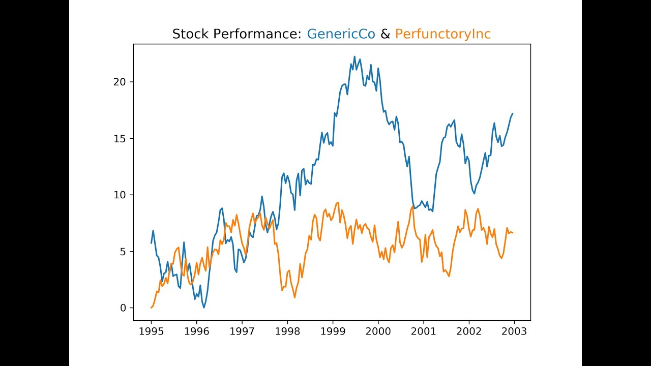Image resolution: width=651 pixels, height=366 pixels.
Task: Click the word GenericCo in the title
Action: [x=341, y=34]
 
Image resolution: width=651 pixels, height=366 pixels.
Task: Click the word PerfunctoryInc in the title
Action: [x=442, y=34]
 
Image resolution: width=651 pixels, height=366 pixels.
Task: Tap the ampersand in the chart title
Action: [x=385, y=34]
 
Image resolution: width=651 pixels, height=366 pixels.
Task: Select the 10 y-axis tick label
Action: [x=121, y=195]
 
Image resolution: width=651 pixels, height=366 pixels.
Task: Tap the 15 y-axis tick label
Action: [x=121, y=139]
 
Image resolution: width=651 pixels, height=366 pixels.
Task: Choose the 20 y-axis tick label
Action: [x=121, y=82]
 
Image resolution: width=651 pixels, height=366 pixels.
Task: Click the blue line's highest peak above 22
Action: [x=354, y=56]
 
